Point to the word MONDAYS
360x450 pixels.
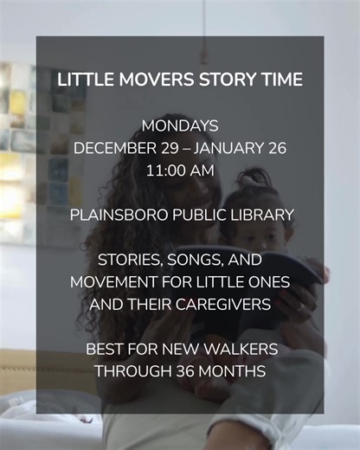pyautogui.click(x=180, y=126)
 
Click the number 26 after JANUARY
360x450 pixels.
pyautogui.click(x=276, y=148)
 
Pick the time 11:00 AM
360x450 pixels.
pyautogui.click(x=180, y=170)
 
